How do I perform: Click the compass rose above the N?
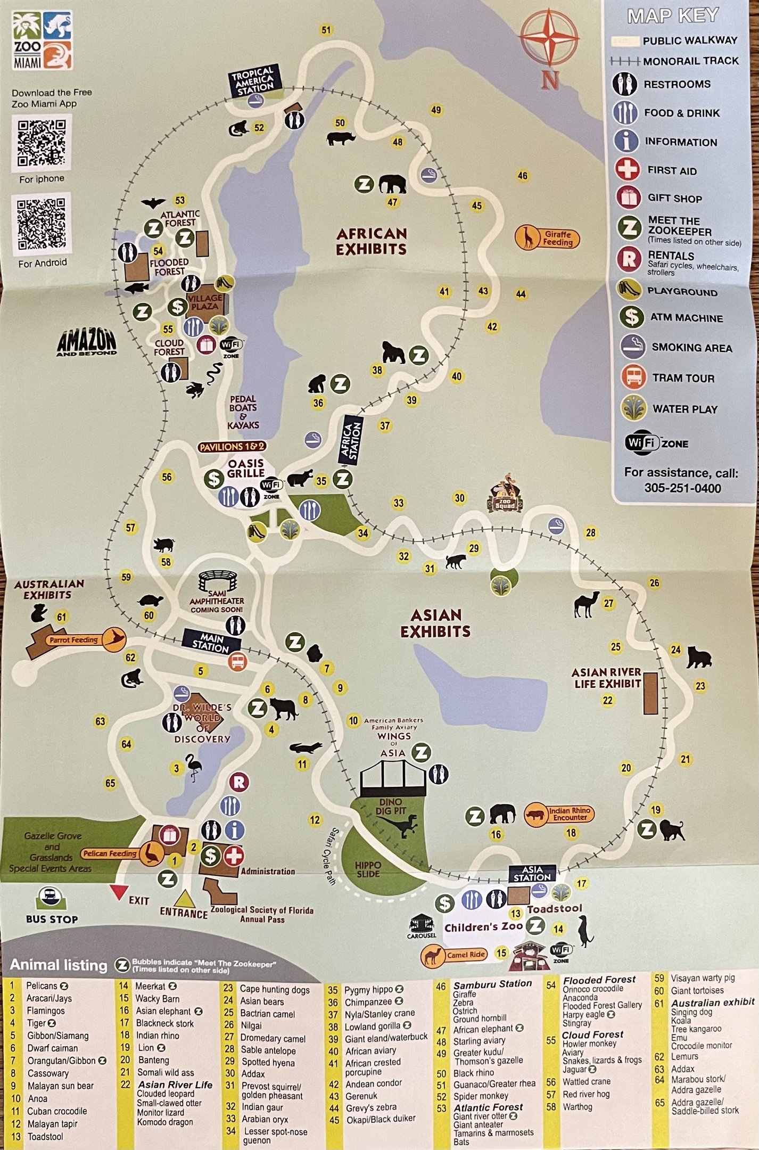(549, 39)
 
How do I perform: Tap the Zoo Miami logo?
(42, 40)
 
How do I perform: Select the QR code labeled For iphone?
(42, 143)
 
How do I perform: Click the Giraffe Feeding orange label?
(548, 238)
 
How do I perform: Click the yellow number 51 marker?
(326, 30)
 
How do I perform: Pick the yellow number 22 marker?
(608, 701)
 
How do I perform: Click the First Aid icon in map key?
(628, 170)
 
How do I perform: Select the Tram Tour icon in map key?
(633, 377)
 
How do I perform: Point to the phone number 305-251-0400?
(682, 488)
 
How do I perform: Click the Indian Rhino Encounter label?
(559, 814)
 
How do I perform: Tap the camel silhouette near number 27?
(586, 604)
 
